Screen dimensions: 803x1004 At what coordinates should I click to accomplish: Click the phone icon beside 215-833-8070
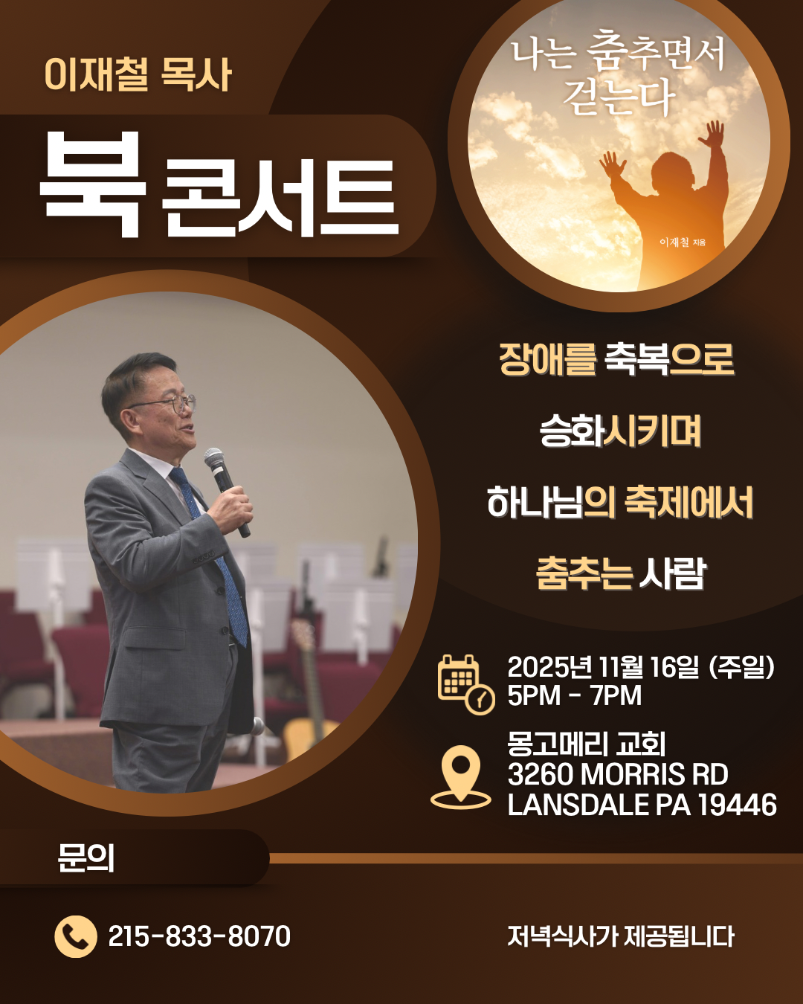click(x=76, y=936)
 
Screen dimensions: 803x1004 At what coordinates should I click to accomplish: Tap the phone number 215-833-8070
click(x=199, y=936)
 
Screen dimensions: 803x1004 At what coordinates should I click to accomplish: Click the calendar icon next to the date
click(x=465, y=684)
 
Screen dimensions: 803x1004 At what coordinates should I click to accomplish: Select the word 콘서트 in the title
click(x=280, y=197)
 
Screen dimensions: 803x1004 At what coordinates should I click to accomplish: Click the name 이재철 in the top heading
click(x=96, y=74)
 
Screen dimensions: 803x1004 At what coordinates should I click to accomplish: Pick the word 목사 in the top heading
click(x=196, y=74)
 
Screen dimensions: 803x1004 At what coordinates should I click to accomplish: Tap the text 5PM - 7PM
click(x=575, y=695)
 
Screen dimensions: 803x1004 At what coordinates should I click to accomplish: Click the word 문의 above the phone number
click(x=86, y=857)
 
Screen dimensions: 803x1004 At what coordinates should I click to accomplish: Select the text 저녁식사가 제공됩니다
click(x=621, y=936)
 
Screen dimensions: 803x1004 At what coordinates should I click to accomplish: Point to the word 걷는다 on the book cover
click(x=619, y=97)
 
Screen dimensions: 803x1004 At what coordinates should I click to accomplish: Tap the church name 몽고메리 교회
click(x=587, y=744)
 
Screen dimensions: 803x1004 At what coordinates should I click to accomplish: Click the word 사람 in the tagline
click(x=672, y=573)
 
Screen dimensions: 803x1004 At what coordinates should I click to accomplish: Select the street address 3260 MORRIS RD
click(x=618, y=774)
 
